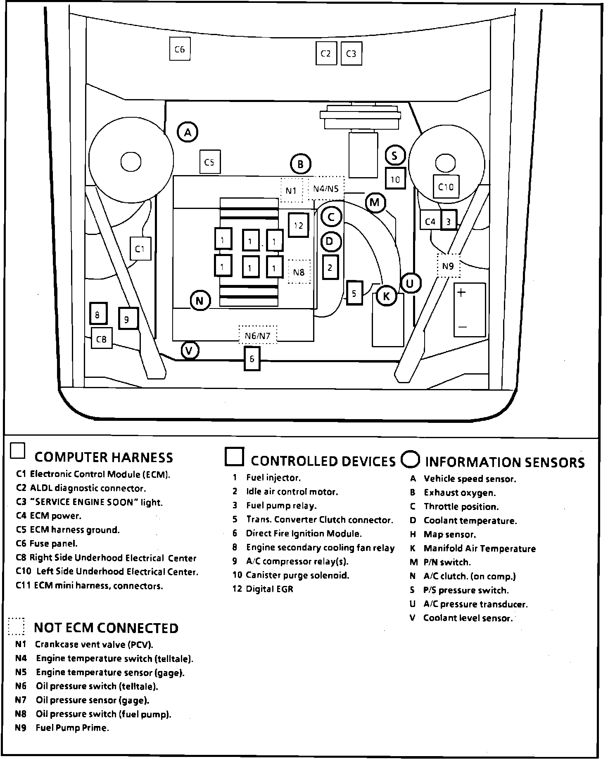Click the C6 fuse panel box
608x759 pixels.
[180, 49]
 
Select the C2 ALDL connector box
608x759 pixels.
[326, 53]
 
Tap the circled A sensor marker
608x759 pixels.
[188, 132]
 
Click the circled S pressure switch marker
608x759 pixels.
[395, 156]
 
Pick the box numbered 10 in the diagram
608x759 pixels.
[395, 179]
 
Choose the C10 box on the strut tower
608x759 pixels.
[446, 187]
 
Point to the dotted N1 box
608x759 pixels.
[291, 190]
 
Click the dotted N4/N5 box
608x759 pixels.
[326, 188]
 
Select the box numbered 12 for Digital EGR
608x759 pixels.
[298, 225]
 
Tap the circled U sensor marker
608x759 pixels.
[410, 283]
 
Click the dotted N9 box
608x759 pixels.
[448, 266]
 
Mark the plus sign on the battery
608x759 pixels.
[461, 292]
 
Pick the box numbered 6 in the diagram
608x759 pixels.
[252, 359]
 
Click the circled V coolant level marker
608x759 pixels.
[190, 351]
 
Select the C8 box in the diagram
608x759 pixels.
[101, 339]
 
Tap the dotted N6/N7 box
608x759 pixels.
[257, 335]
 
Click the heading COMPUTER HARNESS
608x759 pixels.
[104, 457]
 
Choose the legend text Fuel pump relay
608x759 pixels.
[281, 505]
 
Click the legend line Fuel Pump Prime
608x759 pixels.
[72, 728]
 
